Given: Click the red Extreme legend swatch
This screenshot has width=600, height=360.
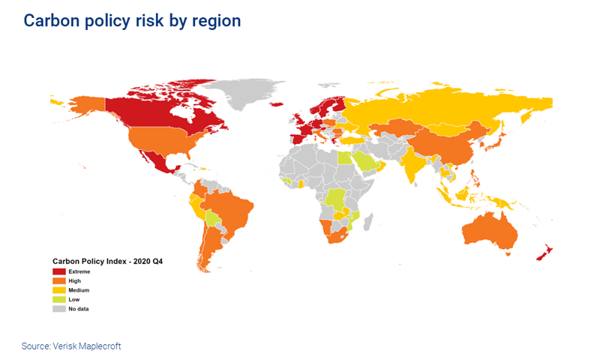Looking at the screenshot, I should click(x=59, y=271).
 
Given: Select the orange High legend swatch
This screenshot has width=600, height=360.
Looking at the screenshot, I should click(x=59, y=280).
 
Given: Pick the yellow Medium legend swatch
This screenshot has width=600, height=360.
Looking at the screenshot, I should click(x=59, y=289).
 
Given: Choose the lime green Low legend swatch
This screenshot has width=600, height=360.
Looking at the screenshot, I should click(x=59, y=298).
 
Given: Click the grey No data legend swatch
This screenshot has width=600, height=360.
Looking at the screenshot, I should click(x=59, y=308).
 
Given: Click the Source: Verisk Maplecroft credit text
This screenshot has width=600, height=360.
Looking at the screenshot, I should click(x=70, y=346).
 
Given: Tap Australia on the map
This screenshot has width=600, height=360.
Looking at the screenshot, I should click(x=492, y=229).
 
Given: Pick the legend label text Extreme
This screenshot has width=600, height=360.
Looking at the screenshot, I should click(x=80, y=271).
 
